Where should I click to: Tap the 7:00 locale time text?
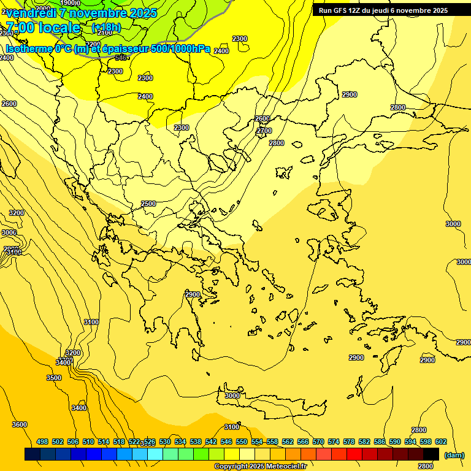[x=43, y=28]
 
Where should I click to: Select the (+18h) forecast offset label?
[x=106, y=28]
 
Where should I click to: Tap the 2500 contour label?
[x=148, y=204]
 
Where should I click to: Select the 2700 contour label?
[x=264, y=131]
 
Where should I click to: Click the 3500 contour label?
[x=54, y=378]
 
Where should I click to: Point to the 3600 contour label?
[x=20, y=424]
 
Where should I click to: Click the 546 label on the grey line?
[x=121, y=58]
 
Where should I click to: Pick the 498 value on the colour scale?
[x=42, y=442]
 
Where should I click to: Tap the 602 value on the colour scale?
[x=441, y=442]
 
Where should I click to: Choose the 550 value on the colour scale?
[x=241, y=442]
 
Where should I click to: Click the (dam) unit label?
[x=454, y=455]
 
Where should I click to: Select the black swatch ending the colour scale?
[x=431, y=454]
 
